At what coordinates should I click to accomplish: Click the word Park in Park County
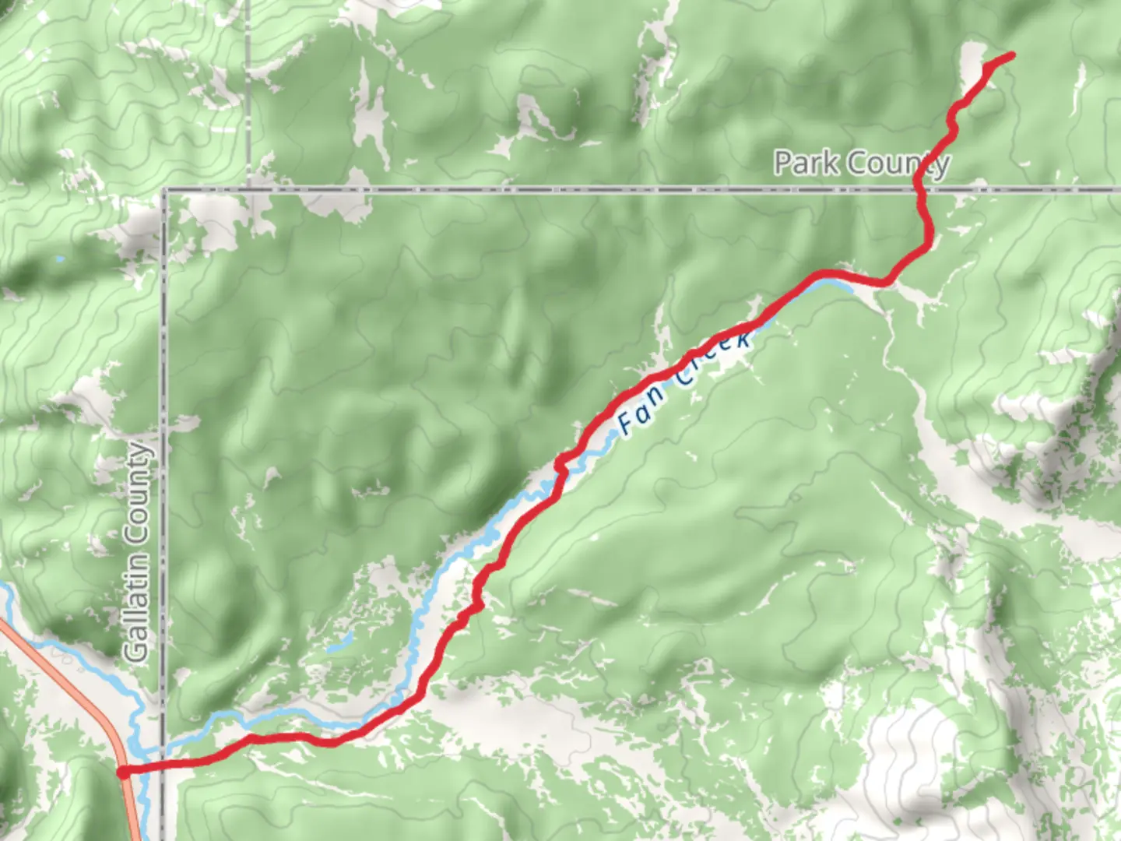806,164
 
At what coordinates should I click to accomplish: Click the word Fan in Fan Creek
641,410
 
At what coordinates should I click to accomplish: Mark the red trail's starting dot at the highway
123,772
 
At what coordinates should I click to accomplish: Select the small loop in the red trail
560,464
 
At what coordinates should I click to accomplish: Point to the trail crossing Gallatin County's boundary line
163,767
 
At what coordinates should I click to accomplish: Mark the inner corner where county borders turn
164,189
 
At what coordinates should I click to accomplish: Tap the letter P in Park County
784,164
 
